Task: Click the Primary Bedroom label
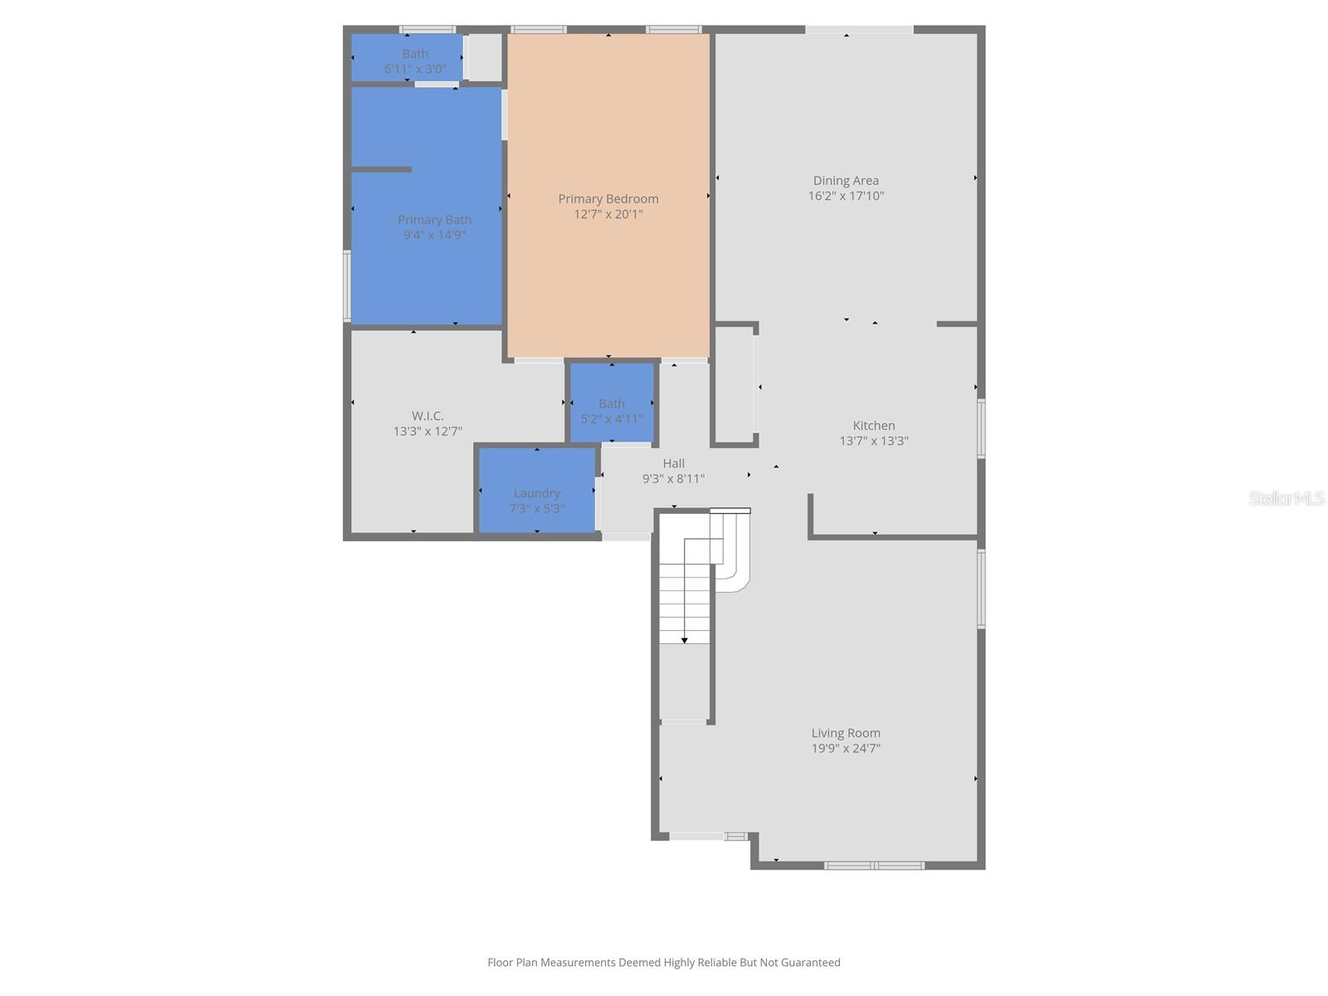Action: tap(608, 198)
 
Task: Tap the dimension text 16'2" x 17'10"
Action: tap(846, 196)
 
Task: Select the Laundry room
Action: tap(537, 493)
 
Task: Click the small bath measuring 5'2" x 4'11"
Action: tap(612, 404)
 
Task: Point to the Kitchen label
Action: tap(873, 425)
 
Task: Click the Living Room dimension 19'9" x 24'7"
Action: tap(846, 748)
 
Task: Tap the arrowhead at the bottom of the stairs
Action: tap(685, 640)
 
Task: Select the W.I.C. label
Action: tap(427, 416)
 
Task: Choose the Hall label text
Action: tap(673, 463)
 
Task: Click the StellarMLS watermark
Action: tap(1286, 498)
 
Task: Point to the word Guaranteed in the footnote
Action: tap(808, 963)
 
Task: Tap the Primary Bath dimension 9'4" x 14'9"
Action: tap(434, 235)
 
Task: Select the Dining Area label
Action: tap(846, 180)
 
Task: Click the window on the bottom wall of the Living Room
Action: tap(874, 866)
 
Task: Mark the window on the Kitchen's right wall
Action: tap(981, 428)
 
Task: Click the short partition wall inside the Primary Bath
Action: tap(381, 169)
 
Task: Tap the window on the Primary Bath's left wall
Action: tap(347, 286)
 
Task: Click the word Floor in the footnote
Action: tap(500, 963)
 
